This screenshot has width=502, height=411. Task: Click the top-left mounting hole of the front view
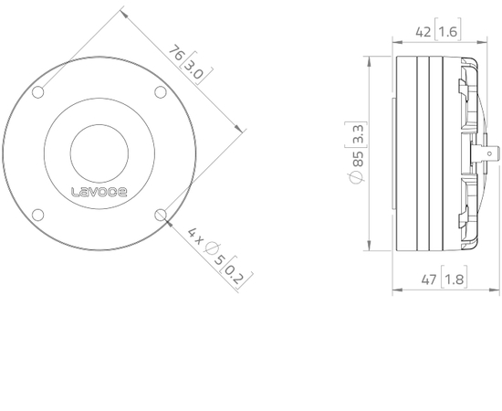tap(38, 92)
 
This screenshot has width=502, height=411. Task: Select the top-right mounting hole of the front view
tap(161, 92)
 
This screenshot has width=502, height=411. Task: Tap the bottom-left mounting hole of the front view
tap(38, 215)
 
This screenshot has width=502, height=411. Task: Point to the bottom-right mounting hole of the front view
tap(161, 215)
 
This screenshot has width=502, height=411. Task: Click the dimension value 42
tap(424, 32)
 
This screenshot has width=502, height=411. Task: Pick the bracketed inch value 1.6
tap(449, 32)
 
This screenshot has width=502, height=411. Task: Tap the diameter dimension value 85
tap(358, 165)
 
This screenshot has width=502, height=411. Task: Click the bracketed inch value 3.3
tap(358, 138)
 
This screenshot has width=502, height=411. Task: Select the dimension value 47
tap(424, 277)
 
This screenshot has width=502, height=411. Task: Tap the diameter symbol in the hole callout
tap(209, 248)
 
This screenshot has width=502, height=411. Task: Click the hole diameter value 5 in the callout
tap(220, 259)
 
